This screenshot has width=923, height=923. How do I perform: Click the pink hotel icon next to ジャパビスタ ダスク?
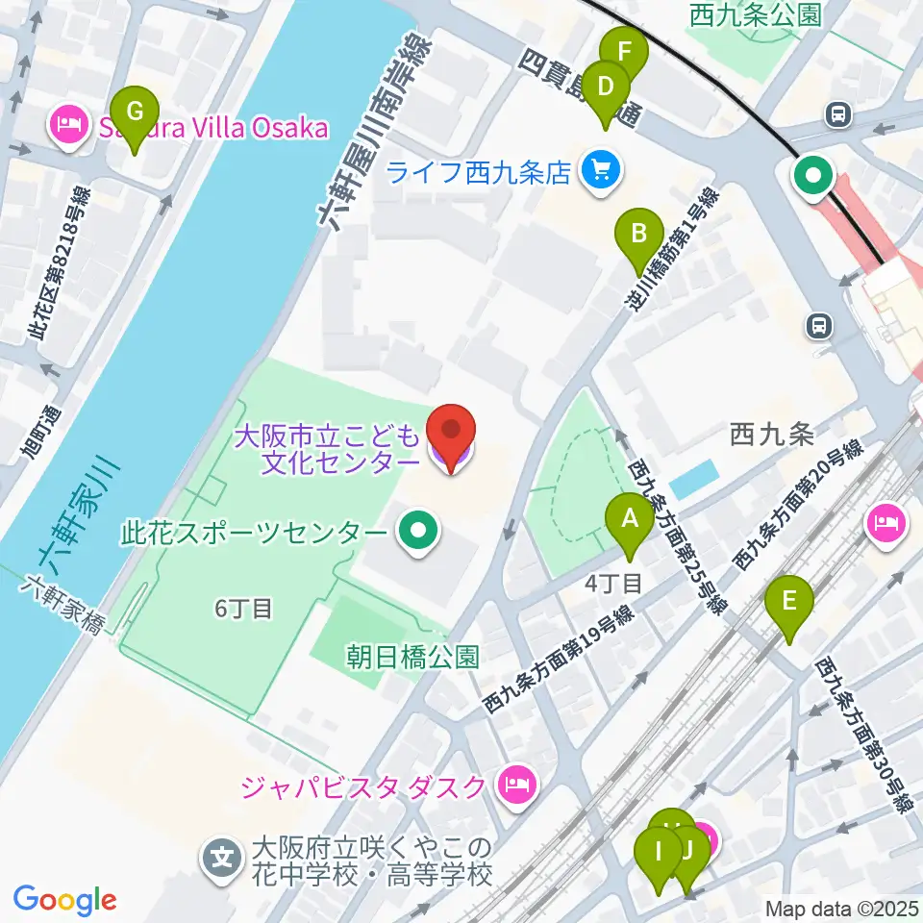click(x=516, y=786)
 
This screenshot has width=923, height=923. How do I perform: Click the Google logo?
click(x=64, y=901)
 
